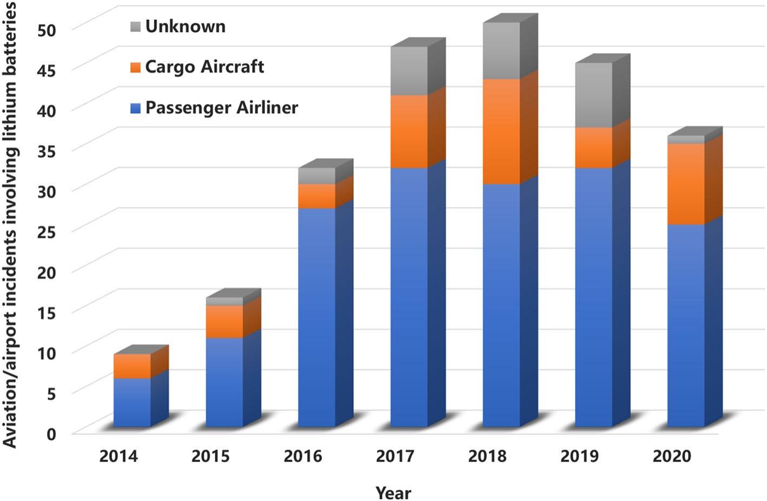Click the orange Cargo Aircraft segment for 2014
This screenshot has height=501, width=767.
(x=132, y=366)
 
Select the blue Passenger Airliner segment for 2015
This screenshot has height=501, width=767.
(x=224, y=382)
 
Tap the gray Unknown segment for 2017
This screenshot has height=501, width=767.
(x=409, y=71)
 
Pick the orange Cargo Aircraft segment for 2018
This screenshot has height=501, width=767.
(x=501, y=132)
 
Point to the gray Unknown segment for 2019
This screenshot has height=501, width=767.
(x=594, y=95)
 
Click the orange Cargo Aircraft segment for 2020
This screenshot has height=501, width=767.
(x=686, y=184)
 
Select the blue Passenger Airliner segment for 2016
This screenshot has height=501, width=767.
(x=316, y=317)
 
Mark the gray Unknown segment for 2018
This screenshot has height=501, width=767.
(x=501, y=51)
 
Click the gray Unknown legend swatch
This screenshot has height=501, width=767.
(x=135, y=27)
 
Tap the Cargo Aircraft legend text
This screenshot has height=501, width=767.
(x=204, y=67)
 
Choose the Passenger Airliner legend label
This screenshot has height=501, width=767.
(x=222, y=107)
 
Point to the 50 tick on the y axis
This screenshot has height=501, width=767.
(x=47, y=29)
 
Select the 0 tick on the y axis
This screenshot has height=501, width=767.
(x=50, y=433)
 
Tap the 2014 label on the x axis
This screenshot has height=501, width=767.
(x=118, y=456)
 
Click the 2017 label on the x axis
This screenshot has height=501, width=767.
(x=395, y=456)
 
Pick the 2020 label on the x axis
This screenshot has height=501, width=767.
(x=672, y=456)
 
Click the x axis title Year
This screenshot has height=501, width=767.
(x=393, y=493)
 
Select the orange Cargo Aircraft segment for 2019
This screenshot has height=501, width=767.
(x=594, y=148)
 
